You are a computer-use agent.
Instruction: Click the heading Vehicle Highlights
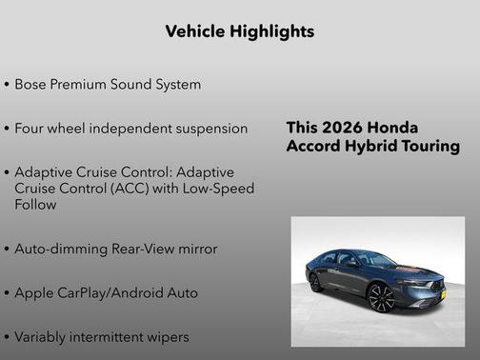(x=239, y=31)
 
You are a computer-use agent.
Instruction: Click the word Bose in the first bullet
(x=32, y=85)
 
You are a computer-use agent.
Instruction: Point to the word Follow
(x=37, y=204)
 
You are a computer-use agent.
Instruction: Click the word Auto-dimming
(x=60, y=249)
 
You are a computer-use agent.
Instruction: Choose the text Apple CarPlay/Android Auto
(x=106, y=292)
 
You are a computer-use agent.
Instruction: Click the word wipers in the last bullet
(x=166, y=336)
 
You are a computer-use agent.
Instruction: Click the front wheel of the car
(x=381, y=299)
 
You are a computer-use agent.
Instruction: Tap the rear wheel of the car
(x=315, y=282)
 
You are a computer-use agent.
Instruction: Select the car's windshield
(x=376, y=259)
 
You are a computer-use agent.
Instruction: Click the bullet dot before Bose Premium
(x=8, y=85)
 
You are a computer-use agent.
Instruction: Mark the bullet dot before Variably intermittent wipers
(x=8, y=337)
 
